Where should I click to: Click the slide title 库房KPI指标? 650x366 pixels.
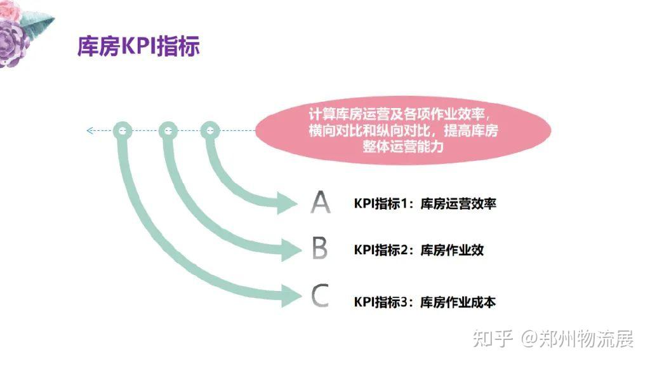[138, 46]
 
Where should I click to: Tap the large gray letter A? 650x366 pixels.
[321, 202]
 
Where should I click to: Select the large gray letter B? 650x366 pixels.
[321, 249]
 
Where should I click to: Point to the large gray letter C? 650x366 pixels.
[321, 296]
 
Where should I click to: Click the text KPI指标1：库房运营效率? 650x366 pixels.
[425, 204]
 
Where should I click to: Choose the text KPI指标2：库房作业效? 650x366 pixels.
[418, 250]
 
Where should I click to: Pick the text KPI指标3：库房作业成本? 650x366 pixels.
[425, 302]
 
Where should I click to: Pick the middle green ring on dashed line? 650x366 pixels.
[167, 131]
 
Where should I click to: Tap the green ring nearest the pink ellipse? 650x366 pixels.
[210, 131]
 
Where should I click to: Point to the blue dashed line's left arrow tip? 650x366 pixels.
[89, 131]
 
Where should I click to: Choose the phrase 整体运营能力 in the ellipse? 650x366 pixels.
[402, 146]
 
